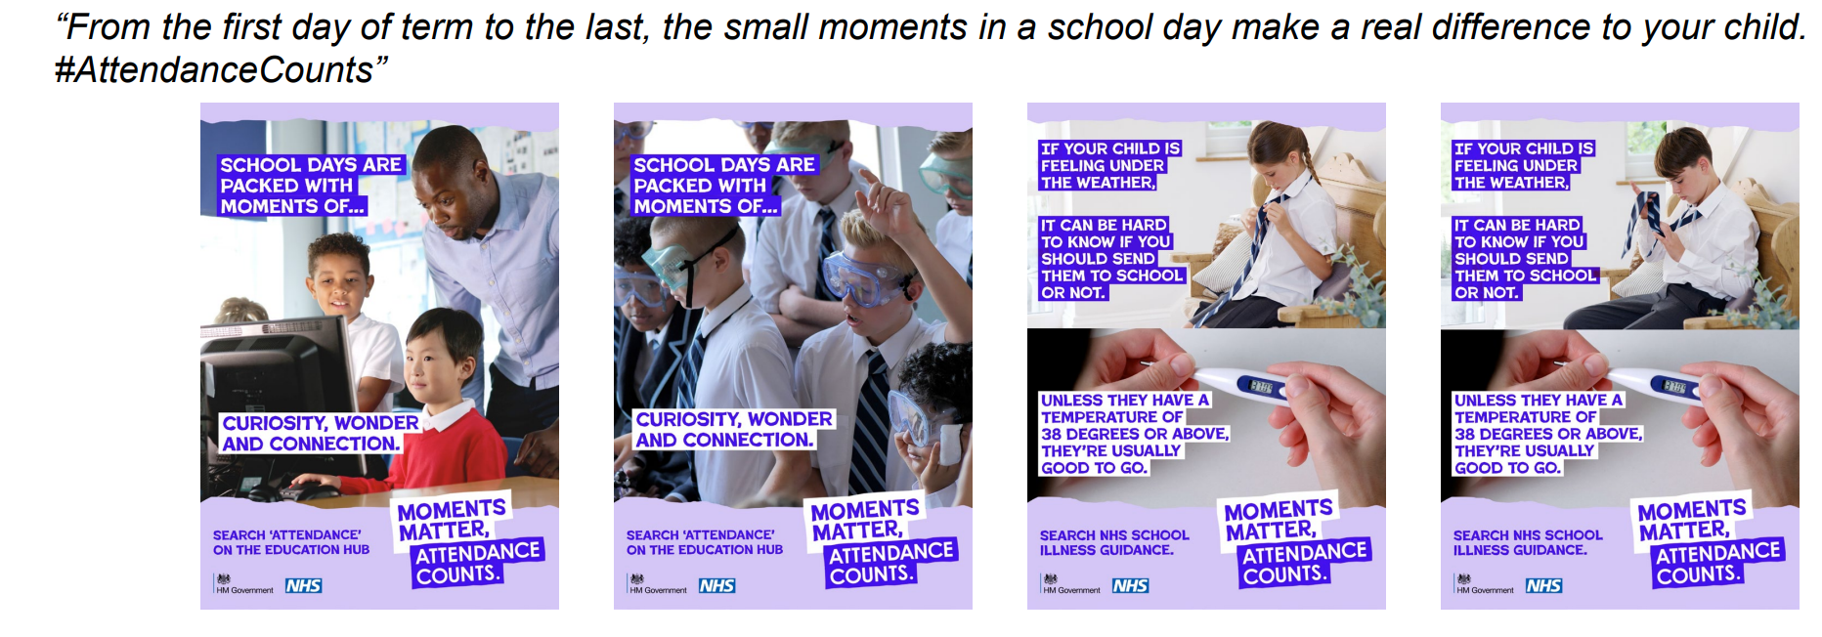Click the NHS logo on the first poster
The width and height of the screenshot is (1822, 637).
pyautogui.click(x=303, y=585)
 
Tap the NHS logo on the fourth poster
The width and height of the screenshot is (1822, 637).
pyautogui.click(x=1543, y=585)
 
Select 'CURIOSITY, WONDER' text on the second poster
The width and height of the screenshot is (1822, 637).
pyautogui.click(x=734, y=419)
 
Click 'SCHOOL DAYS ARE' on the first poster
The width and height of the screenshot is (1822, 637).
pyautogui.click(x=310, y=165)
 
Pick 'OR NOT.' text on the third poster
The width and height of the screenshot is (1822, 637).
pyautogui.click(x=1072, y=292)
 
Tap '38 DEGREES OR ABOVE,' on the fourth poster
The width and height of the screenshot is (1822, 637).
pyautogui.click(x=1547, y=434)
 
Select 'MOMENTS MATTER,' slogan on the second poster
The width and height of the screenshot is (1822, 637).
pyautogui.click(x=864, y=520)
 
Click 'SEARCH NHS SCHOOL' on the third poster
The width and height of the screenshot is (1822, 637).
pyautogui.click(x=1114, y=535)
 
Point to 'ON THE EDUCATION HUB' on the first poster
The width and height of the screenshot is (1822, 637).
pyautogui.click(x=291, y=550)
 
